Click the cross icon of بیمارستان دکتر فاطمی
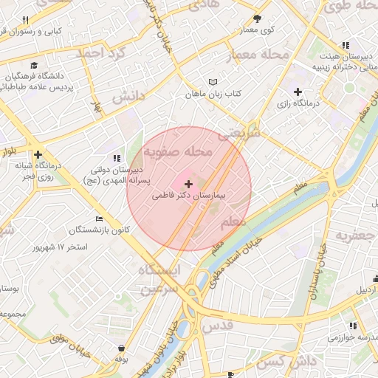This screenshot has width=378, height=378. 189,184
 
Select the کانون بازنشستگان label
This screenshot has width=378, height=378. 100,230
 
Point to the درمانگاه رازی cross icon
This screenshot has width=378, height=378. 298,92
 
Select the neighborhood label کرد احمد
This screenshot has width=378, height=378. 105,53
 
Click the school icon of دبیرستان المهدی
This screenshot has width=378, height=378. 116,157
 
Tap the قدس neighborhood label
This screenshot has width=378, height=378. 216,325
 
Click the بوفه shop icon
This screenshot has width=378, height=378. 122,348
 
